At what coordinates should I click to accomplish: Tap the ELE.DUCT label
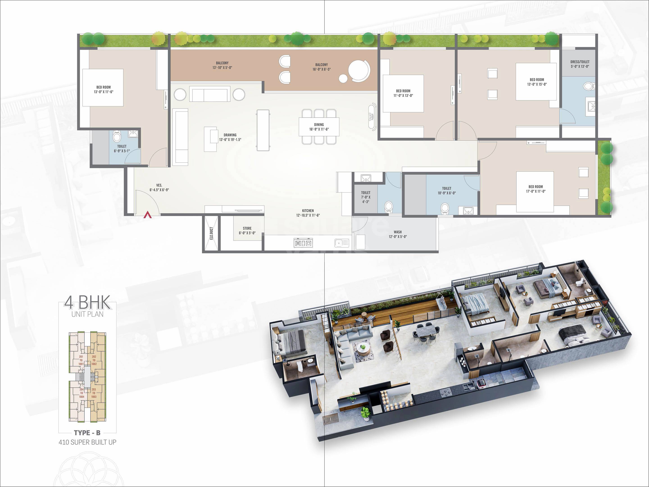pos(211,233)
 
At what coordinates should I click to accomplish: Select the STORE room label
pos(247,230)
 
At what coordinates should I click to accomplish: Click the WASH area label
pos(397,234)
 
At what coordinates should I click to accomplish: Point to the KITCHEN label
pos(308,213)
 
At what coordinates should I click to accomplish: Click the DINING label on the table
pos(319,127)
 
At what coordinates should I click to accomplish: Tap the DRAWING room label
pos(230,137)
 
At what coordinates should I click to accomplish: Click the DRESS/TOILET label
pos(580,64)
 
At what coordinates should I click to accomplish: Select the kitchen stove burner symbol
pos(303,243)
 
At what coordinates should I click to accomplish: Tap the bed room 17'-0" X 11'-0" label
pos(536,189)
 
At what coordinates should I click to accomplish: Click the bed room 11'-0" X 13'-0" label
pos(403,93)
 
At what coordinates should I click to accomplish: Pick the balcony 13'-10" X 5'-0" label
pos(222,65)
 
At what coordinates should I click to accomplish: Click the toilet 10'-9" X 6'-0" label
pos(447,191)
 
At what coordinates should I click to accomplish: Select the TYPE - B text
pos(87,433)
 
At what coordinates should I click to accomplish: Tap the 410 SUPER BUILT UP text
pos(87,442)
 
